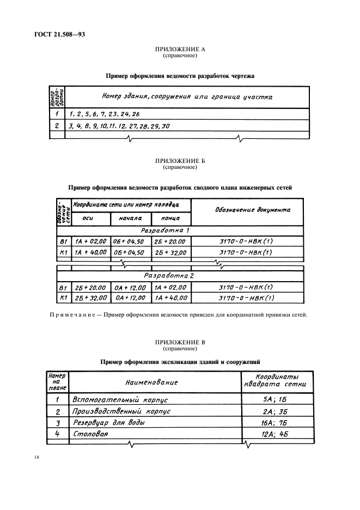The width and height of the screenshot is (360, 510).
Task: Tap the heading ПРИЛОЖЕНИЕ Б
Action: (180, 161)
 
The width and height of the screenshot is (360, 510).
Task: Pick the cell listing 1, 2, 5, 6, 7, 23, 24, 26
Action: (105, 115)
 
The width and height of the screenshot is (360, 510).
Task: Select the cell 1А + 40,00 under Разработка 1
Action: (89, 253)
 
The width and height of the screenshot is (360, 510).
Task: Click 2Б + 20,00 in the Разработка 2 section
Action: (89, 287)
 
